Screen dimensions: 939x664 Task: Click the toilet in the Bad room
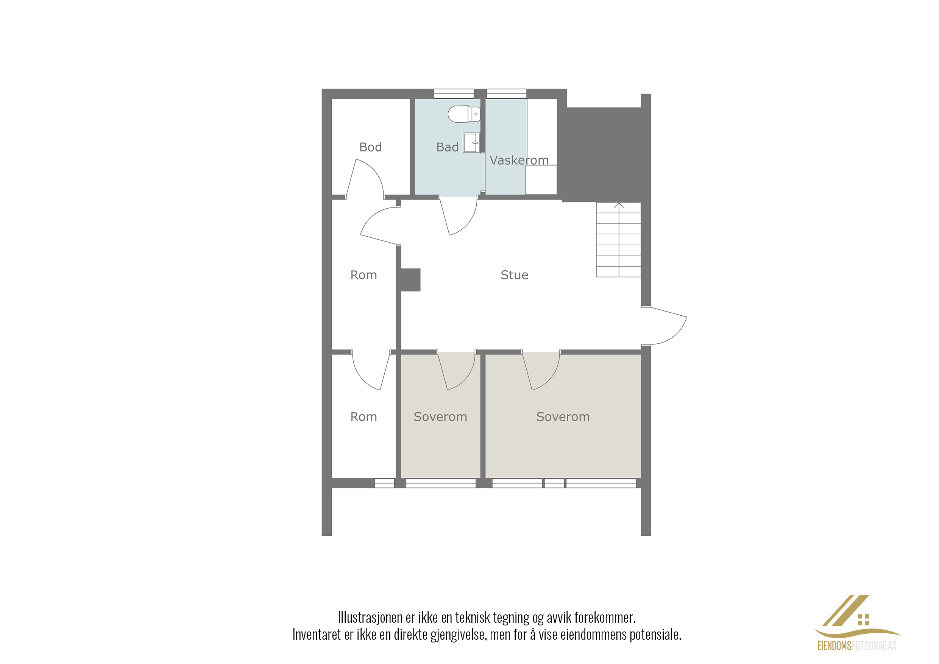coord(464,114)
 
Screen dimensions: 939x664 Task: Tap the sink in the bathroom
coord(471,142)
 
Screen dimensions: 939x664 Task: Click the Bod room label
coord(371,147)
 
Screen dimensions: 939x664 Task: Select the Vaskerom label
coord(519,160)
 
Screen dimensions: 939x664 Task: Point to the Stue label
coord(515,275)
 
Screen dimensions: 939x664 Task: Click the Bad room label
coord(448,147)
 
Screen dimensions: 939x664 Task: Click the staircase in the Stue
coord(618,240)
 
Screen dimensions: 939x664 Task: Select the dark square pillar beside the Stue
coord(410,280)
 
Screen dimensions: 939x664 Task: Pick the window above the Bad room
coord(454,94)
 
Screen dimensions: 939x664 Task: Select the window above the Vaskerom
coord(507,94)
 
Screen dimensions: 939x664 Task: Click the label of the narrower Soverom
coord(440,417)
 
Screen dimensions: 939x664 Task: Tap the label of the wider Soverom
coord(563,417)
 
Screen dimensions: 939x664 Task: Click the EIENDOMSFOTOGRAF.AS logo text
coord(857,646)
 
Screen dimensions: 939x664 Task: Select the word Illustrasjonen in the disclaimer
coord(370,617)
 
